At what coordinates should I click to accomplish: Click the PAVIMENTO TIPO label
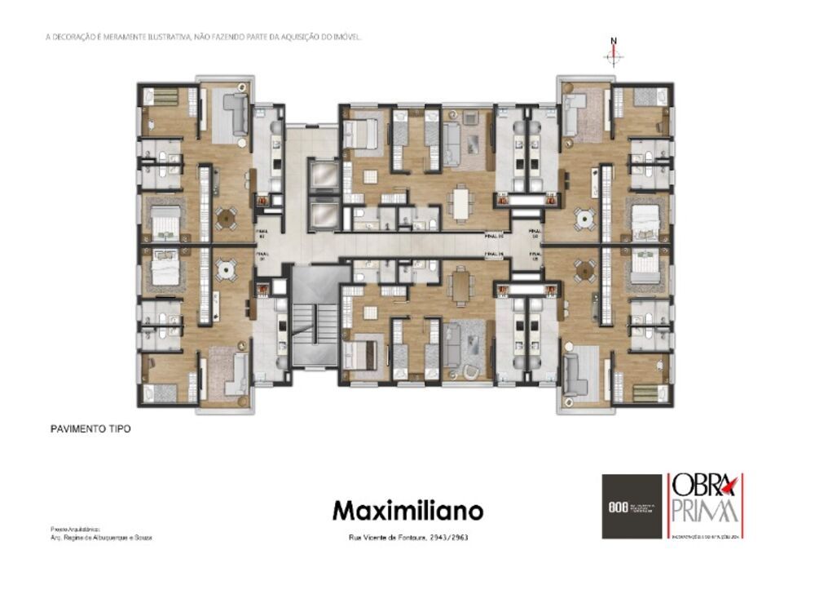click(x=86, y=428)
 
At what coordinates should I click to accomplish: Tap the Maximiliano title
click(x=407, y=511)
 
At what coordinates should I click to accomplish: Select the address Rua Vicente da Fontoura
click(x=407, y=538)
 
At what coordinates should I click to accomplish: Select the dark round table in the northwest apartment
click(x=226, y=218)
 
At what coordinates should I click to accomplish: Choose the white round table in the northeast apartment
click(x=583, y=218)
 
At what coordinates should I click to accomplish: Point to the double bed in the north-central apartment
click(x=362, y=133)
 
